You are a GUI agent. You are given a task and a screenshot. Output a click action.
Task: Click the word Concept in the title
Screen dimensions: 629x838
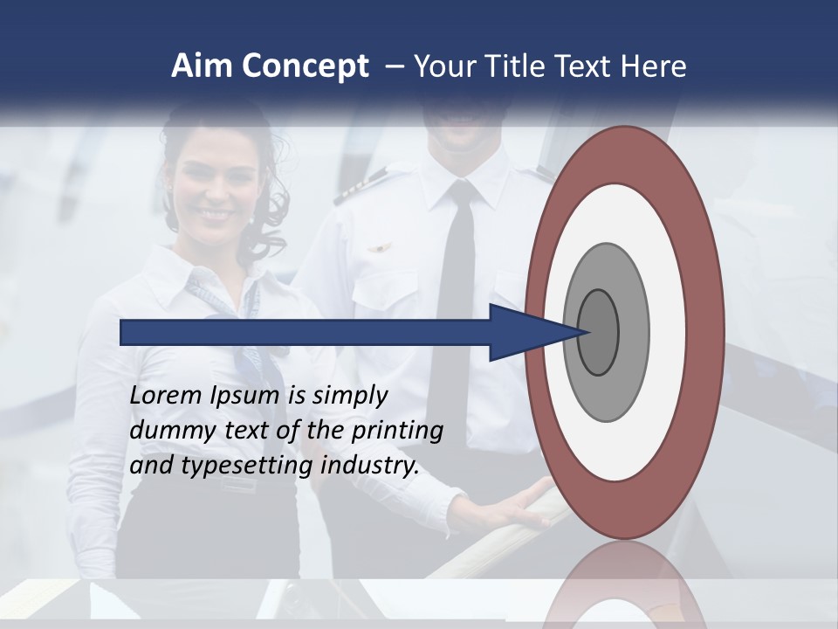tap(299, 67)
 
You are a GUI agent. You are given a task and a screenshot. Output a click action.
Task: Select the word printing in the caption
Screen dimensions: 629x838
tap(397, 431)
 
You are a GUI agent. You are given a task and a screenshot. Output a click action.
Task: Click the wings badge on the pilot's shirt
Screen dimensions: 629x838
tap(378, 249)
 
